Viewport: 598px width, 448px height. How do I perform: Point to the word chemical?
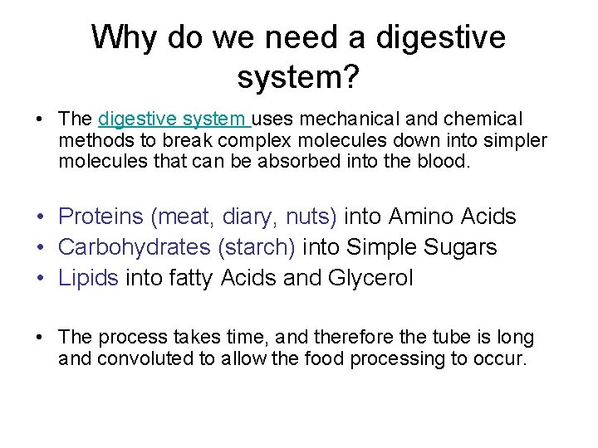[x=483, y=119]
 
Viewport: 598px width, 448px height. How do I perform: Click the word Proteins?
[x=101, y=217]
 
